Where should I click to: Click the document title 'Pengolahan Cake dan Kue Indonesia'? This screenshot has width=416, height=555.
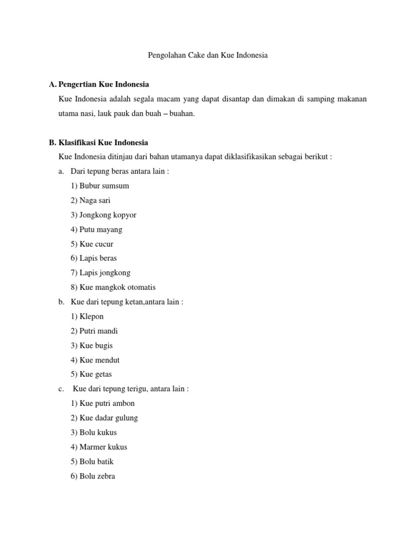208,55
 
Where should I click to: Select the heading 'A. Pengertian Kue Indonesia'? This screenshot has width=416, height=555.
99,85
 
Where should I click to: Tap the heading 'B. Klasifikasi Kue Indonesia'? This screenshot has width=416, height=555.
98,143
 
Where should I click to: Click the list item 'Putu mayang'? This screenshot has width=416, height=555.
96,230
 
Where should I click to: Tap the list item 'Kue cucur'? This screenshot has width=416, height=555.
92,244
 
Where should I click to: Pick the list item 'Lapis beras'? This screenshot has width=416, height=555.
94,259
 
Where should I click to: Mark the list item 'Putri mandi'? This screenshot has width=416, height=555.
94,331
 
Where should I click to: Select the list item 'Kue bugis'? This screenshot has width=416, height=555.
92,346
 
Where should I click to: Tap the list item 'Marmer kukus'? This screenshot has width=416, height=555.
99,447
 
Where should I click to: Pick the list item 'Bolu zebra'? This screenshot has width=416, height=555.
93,476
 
